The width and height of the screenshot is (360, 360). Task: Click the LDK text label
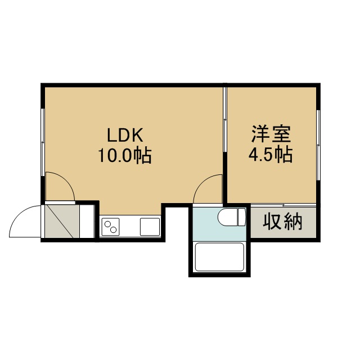point(125,135)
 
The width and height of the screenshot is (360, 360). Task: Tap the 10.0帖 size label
point(125,155)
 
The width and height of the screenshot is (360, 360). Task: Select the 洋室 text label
point(271,134)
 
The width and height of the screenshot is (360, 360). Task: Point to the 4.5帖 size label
point(271,154)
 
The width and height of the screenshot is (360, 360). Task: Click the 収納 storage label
point(282,222)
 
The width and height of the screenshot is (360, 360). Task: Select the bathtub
point(219,257)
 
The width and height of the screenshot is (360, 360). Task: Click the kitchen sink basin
point(150,227)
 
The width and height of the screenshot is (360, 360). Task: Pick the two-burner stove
point(110,227)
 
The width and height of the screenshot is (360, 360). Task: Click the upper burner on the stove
point(107,224)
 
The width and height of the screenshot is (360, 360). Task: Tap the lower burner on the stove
point(114,229)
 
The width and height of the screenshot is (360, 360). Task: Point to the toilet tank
point(242,217)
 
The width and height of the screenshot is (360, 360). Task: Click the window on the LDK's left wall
point(43,142)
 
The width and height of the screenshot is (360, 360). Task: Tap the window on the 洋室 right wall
point(318,145)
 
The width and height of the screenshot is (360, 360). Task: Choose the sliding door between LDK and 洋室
point(225,119)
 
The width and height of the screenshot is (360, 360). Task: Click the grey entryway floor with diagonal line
point(62,221)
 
